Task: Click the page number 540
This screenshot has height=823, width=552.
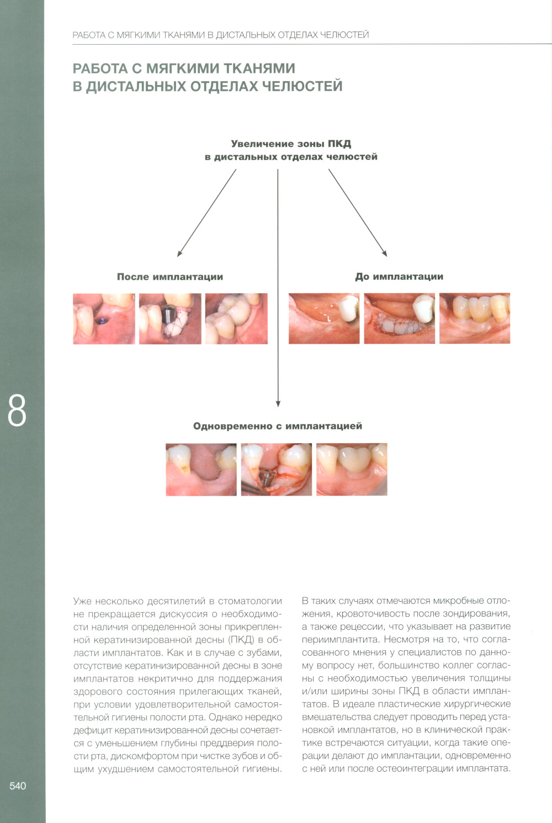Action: pyautogui.click(x=18, y=786)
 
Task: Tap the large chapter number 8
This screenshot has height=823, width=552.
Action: pyautogui.click(x=17, y=411)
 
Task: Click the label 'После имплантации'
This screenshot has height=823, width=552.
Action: pyautogui.click(x=170, y=277)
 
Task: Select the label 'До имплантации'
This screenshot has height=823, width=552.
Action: pyautogui.click(x=399, y=277)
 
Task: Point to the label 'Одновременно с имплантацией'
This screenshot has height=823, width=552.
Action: pyautogui.click(x=278, y=426)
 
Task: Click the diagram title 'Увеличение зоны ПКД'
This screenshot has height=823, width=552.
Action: pyautogui.click(x=291, y=144)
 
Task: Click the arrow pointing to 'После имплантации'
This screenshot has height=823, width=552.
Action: pyautogui.click(x=206, y=213)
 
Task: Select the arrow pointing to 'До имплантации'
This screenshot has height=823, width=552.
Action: pyautogui.click(x=358, y=213)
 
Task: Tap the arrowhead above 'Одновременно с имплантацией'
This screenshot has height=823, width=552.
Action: pyautogui.click(x=278, y=403)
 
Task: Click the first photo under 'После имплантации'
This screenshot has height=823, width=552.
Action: pyautogui.click(x=104, y=318)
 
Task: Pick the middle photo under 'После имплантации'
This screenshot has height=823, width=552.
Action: pyautogui.click(x=170, y=318)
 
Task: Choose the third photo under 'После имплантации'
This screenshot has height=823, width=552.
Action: pyautogui.click(x=236, y=318)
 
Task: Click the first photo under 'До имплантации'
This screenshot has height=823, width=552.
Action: pyautogui.click(x=324, y=318)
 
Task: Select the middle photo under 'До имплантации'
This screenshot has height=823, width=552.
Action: pyautogui.click(x=400, y=318)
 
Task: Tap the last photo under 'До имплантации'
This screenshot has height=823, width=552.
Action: pyautogui.click(x=475, y=318)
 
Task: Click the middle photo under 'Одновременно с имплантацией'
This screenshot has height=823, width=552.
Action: pyautogui.click(x=277, y=470)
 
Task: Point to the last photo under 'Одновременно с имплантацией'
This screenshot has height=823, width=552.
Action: pyautogui.click(x=352, y=470)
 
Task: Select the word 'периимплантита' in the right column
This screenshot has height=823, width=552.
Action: pyautogui.click(x=341, y=640)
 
